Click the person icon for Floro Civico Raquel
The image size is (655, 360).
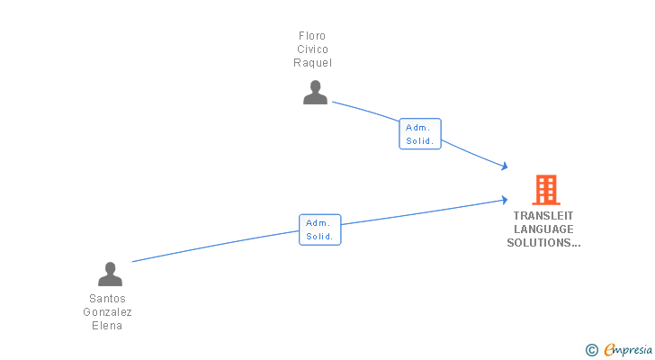tap(315, 93)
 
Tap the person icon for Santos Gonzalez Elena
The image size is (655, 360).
tap(110, 274)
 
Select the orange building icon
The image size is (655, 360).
tap(546, 190)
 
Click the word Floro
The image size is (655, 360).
tap(312, 36)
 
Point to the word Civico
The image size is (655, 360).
tap(312, 49)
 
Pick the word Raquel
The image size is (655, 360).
tap(312, 63)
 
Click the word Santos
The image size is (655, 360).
tap(108, 299)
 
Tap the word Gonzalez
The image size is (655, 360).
tap(108, 312)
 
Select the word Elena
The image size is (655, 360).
tap(108, 326)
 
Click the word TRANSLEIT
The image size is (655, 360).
tap(543, 216)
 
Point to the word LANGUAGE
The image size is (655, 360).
tap(543, 229)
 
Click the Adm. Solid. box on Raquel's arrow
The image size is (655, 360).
tap(420, 134)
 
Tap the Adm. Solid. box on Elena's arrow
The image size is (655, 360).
tap(319, 229)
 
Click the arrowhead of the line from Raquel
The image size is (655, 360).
tap(505, 166)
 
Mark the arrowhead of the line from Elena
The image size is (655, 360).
tap(505, 200)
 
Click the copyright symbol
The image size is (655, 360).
tap(591, 350)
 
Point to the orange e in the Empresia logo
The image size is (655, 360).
tap(609, 350)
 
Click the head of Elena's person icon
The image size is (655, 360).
tap(110, 268)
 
